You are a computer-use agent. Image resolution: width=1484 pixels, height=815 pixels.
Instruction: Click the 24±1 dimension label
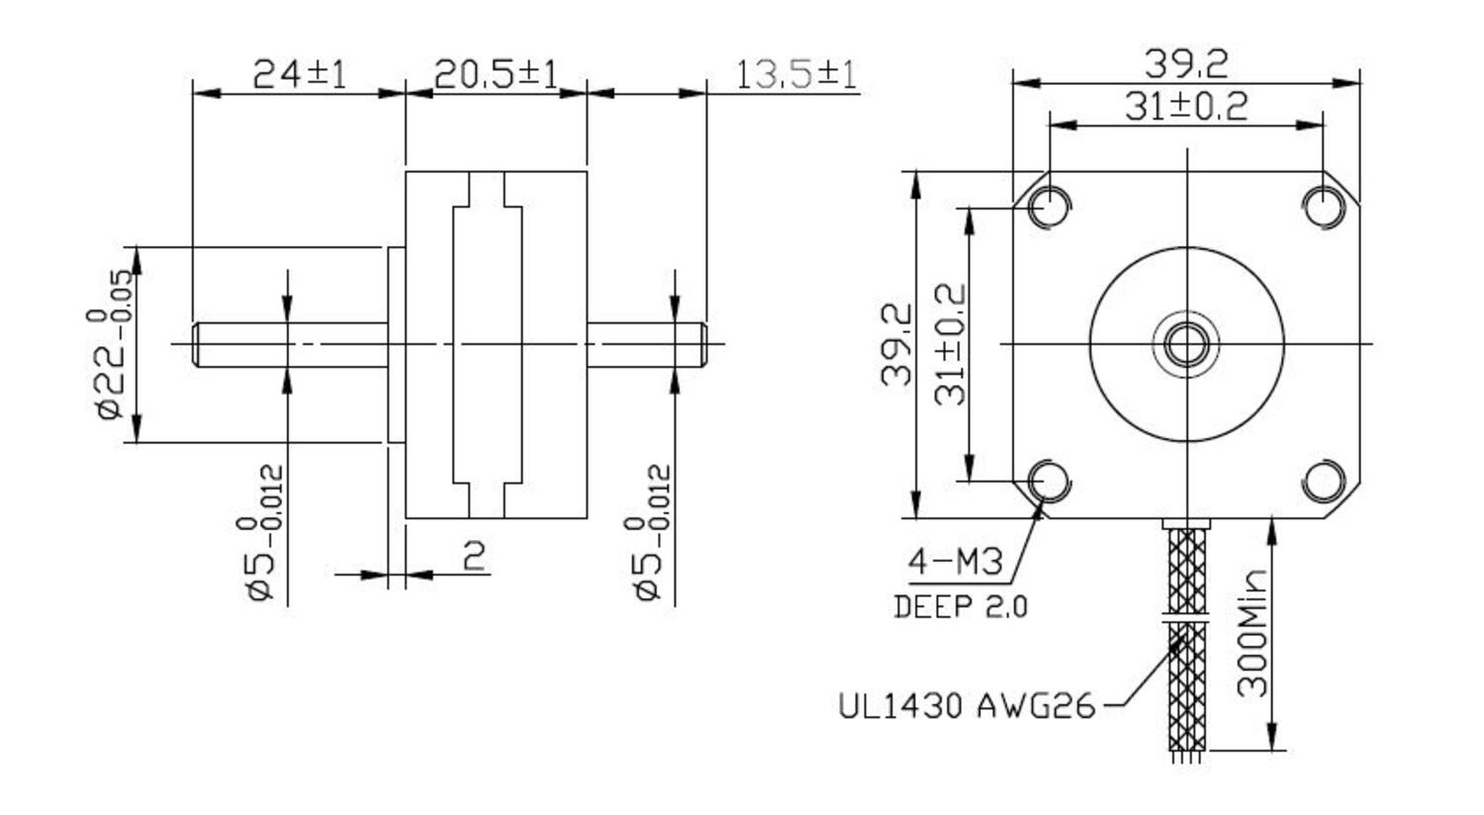[x=300, y=74]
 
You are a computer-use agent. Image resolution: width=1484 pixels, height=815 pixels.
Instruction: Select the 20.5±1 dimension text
[x=496, y=74]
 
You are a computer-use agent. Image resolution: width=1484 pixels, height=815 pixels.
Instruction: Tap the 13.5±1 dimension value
[x=796, y=74]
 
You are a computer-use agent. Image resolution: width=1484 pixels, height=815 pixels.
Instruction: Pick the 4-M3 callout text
[x=955, y=563]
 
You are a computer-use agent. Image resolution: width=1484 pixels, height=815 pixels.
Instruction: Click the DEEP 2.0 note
[x=960, y=606]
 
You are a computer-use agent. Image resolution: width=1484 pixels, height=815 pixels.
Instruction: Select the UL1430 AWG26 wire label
[x=967, y=706]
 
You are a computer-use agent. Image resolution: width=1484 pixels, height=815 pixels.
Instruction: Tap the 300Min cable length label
[x=1252, y=633]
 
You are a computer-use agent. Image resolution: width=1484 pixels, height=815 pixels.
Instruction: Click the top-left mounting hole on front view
[x=1049, y=207]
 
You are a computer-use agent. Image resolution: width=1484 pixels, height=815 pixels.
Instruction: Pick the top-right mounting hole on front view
[x=1324, y=207]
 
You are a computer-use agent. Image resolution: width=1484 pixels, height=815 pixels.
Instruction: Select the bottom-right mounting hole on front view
[x=1324, y=482]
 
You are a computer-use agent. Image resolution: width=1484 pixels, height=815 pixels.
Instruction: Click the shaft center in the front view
[x=1186, y=344]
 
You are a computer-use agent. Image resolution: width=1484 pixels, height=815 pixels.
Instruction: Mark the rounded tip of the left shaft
[x=196, y=344]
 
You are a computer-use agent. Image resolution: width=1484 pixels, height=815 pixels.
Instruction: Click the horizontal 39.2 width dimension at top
[x=1185, y=65]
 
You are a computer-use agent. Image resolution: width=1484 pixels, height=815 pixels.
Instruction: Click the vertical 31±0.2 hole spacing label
[x=951, y=344]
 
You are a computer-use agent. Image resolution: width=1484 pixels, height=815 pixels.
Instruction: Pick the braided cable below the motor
[x=1187, y=643]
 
